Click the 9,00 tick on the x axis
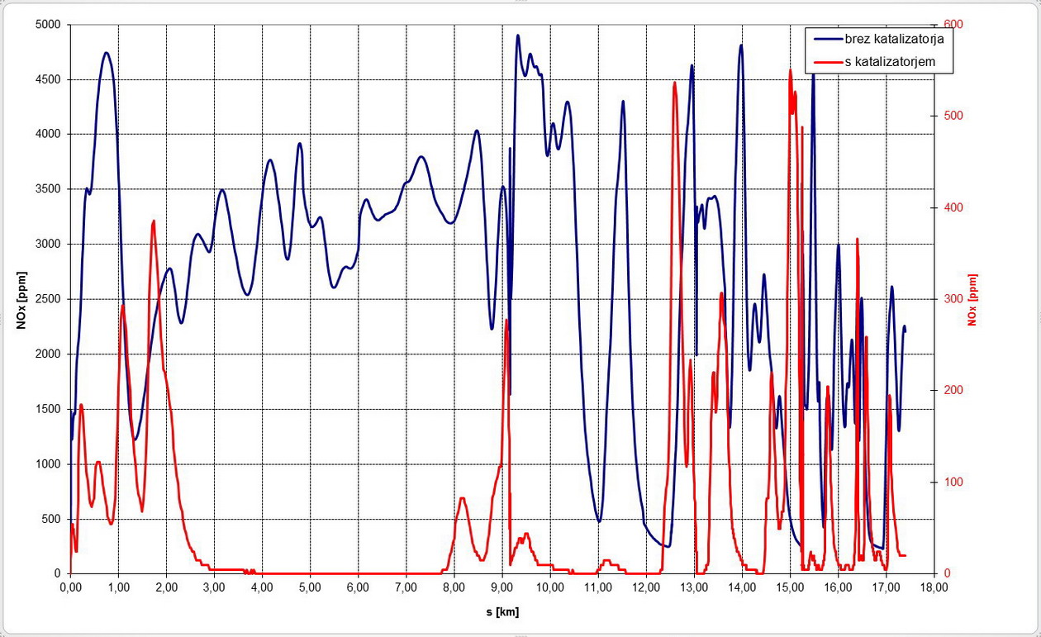tap(502, 588)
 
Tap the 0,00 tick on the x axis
tap(71, 588)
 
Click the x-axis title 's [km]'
tap(502, 612)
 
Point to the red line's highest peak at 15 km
tap(790, 70)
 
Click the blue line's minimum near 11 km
tap(599, 521)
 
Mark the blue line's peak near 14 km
tap(741, 45)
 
